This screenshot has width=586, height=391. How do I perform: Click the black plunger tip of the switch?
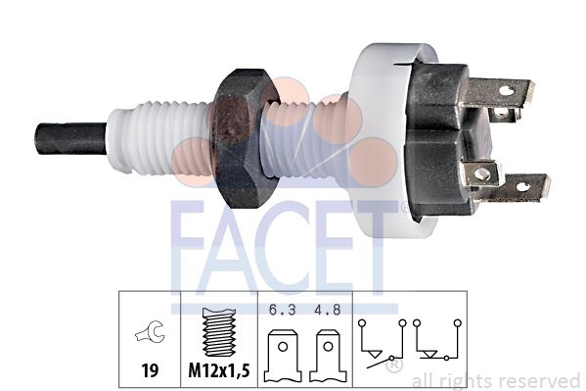(x=71, y=138)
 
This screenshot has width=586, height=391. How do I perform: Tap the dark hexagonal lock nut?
(x=245, y=138)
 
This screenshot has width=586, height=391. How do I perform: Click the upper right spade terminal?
(x=500, y=92)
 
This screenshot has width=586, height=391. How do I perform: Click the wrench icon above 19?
(x=150, y=332)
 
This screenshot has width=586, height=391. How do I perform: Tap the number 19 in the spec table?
(x=150, y=370)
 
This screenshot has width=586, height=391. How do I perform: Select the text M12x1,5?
(x=219, y=370)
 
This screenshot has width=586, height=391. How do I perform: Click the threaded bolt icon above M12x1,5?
(x=219, y=332)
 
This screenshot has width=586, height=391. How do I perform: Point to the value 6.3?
(x=283, y=310)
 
